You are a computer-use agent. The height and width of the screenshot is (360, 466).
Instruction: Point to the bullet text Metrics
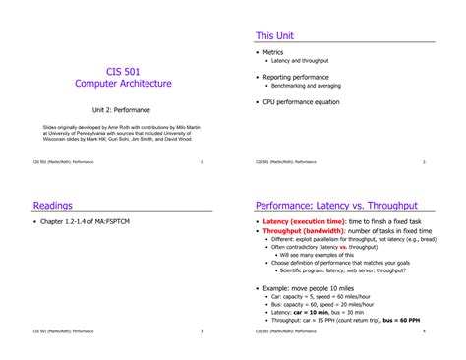coord(273,52)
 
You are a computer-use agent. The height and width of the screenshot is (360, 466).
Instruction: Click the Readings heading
coord(54,207)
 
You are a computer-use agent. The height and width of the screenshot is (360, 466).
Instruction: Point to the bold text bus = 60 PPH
coord(402,320)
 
